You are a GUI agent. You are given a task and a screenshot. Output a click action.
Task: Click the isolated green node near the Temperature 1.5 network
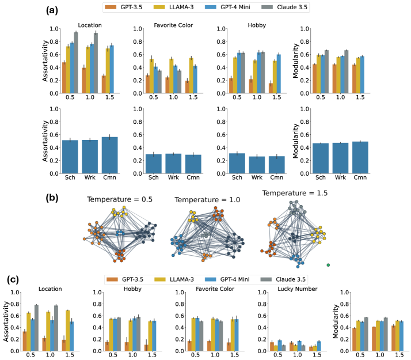pyautogui.click(x=328, y=265)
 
